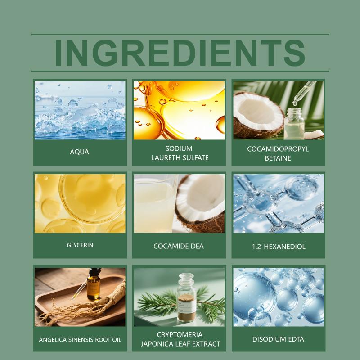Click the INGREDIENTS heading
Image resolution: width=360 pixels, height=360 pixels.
tap(180, 53)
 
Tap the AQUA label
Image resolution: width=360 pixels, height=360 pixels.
tap(80, 152)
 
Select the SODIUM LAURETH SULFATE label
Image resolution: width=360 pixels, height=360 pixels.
tap(180, 153)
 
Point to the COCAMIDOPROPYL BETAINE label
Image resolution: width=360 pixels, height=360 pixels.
tap(278, 153)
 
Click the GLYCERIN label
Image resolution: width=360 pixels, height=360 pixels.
tap(80, 245)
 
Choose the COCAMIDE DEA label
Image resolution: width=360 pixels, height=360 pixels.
tap(179, 246)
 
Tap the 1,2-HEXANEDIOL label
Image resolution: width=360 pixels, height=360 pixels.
tap(279, 247)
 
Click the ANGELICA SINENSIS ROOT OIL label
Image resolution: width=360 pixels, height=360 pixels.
tap(80, 340)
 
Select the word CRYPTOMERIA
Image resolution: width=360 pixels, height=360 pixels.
tap(180, 335)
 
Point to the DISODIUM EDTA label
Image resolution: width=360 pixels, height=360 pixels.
tap(278, 339)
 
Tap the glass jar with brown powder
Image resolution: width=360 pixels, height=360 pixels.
tap(187, 297)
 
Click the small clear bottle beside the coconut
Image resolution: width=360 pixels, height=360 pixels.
tap(294, 124)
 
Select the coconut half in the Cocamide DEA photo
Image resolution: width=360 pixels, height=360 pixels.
tap(200, 203)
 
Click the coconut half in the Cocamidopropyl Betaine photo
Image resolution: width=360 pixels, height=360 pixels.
tap(258, 115)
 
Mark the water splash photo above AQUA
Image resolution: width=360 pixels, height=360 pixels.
tap(80, 110)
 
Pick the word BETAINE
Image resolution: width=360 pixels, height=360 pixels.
tap(278, 158)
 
